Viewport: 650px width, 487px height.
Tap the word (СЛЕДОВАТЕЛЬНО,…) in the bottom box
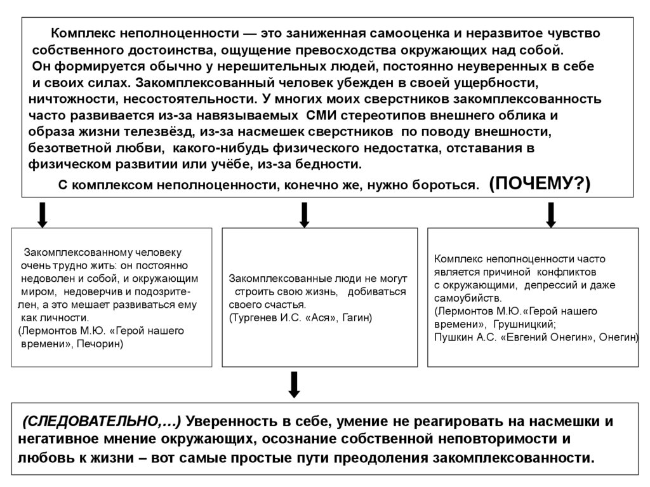[102, 422]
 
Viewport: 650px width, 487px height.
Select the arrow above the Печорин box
[43, 215]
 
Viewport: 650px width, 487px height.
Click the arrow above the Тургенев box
[304, 215]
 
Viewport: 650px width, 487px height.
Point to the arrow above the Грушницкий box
[551, 215]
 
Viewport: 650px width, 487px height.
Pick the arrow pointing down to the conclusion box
[294, 385]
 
